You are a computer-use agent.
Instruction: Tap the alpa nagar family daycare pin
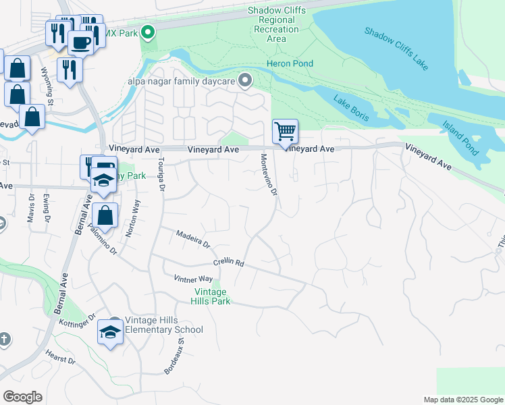pyautogui.click(x=246, y=82)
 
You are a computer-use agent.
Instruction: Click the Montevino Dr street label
pyautogui.click(x=269, y=174)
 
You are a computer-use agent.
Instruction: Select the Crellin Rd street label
pyautogui.click(x=228, y=263)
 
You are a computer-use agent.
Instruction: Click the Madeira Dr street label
pyautogui.click(x=193, y=238)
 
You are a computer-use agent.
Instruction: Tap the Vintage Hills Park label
pyautogui.click(x=212, y=296)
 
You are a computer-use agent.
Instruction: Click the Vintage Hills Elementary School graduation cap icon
pyautogui.click(x=110, y=331)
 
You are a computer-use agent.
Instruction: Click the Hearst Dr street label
pyautogui.click(x=60, y=356)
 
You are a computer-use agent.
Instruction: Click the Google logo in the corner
pyautogui.click(x=22, y=397)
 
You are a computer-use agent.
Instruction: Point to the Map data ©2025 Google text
pyautogui.click(x=463, y=400)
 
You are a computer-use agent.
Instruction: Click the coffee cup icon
pyautogui.click(x=81, y=43)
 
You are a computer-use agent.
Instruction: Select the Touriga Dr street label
pyautogui.click(x=161, y=174)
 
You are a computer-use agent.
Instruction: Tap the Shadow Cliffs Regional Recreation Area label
pyautogui.click(x=276, y=24)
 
